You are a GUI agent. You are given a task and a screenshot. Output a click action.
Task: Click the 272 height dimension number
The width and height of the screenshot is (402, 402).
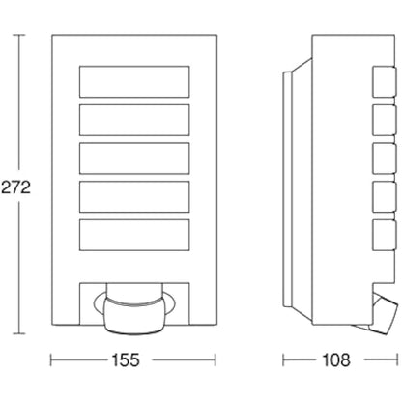pyautogui.click(x=15, y=187)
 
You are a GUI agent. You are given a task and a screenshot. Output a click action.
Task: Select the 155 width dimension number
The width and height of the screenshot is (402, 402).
pyautogui.click(x=126, y=360)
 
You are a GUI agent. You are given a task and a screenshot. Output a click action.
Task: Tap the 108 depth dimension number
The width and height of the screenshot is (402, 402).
pyautogui.click(x=336, y=360)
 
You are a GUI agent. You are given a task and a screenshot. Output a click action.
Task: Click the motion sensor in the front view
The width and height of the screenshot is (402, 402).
pyautogui.click(x=134, y=309)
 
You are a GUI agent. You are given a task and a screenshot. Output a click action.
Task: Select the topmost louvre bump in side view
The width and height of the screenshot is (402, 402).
pyautogui.click(x=385, y=81)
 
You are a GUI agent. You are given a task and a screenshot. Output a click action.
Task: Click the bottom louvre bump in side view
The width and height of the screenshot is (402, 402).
pyautogui.click(x=385, y=235)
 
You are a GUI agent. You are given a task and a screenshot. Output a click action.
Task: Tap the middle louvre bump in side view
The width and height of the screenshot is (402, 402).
pyautogui.click(x=385, y=158)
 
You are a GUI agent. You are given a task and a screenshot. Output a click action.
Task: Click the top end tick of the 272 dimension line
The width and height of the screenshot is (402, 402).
pyautogui.click(x=18, y=35)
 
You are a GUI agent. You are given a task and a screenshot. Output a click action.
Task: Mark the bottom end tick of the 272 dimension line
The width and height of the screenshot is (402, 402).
pyautogui.click(x=18, y=333)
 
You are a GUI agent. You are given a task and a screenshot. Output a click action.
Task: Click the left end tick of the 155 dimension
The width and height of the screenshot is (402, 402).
pyautogui.click(x=51, y=360)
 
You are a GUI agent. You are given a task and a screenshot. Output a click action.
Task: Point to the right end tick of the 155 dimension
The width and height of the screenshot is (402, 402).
pyautogui.click(x=215, y=360)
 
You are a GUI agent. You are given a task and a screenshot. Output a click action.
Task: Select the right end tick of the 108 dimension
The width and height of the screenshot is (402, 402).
pyautogui.click(x=398, y=360)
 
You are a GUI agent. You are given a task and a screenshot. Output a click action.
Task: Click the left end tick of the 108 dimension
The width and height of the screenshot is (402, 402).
pyautogui.click(x=283, y=360)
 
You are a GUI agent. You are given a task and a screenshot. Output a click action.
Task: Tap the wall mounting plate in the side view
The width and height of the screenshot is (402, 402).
pyautogui.click(x=287, y=189)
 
